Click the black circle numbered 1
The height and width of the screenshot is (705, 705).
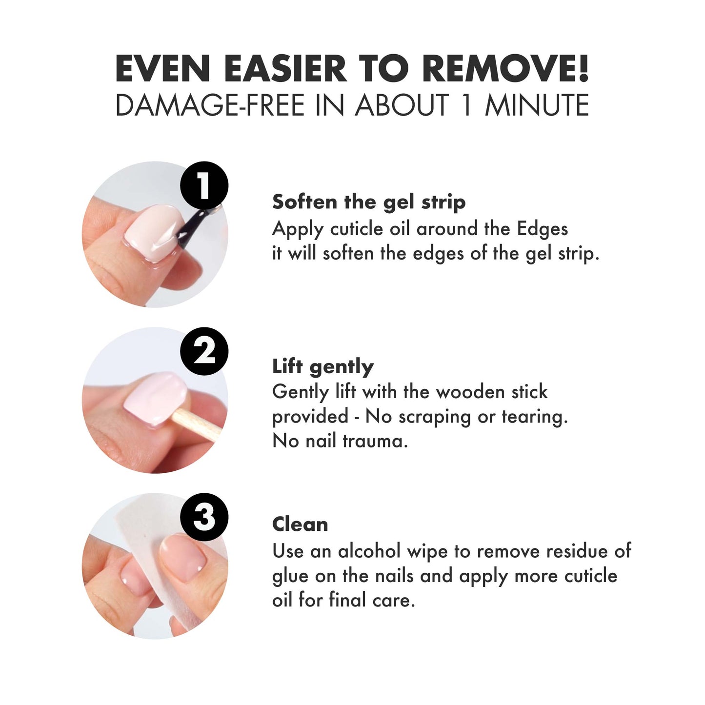[204, 185]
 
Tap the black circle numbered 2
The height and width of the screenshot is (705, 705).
[204, 351]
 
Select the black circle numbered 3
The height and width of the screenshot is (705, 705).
[204, 517]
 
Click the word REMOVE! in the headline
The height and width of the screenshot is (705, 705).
[505, 68]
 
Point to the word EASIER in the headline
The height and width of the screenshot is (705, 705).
[286, 68]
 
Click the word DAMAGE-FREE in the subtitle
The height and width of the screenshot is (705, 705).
[210, 105]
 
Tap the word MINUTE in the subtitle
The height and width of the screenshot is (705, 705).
[537, 105]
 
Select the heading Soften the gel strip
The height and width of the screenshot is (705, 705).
[369, 202]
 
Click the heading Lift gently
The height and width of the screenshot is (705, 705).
[323, 366]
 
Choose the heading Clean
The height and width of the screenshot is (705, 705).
[300, 524]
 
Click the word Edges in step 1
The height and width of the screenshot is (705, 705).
[542, 229]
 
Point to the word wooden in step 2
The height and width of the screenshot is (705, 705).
[470, 392]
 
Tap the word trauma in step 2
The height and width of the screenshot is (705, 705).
[375, 441]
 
